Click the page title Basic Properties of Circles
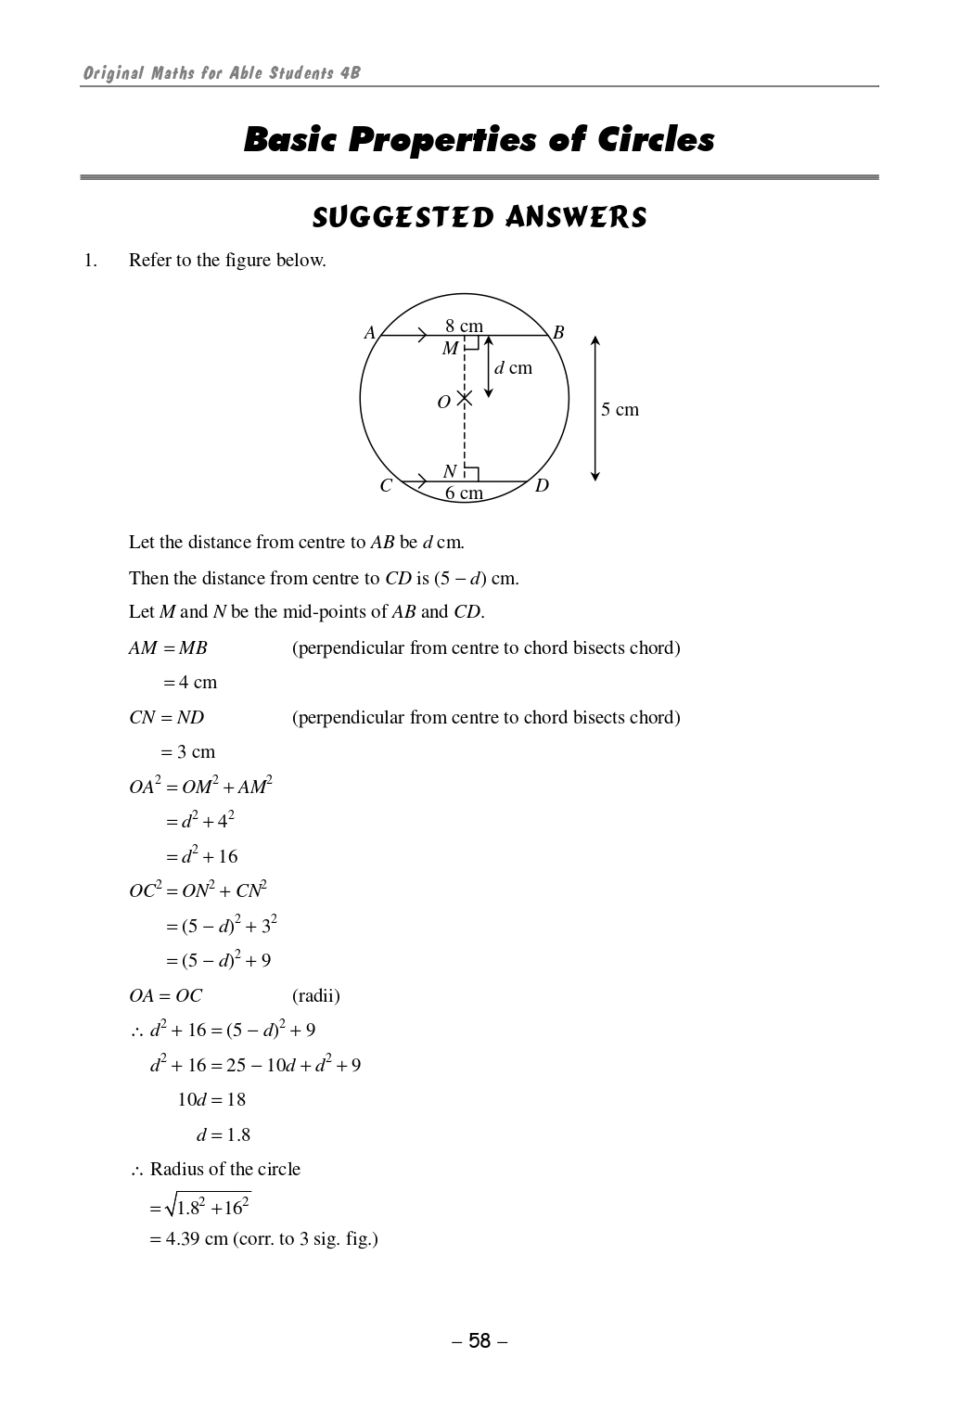coord(479,140)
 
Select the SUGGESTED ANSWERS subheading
coord(479,218)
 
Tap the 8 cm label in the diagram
coord(464,326)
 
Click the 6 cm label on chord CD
coord(464,493)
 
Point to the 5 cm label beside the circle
coord(620,410)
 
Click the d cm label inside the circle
coord(514,368)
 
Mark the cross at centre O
coord(465,398)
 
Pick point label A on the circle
coord(369,333)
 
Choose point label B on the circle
coord(558,333)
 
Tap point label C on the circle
coord(386,486)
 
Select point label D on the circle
coord(542,486)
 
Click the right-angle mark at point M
coord(471,342)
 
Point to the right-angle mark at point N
coord(471,474)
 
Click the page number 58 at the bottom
coord(479,1341)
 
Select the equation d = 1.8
coord(224,1135)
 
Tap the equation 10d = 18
coord(211,1100)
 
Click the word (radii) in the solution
coord(316,996)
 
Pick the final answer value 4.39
coord(183,1239)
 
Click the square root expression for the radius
coord(208,1206)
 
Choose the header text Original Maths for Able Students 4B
coord(222,73)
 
